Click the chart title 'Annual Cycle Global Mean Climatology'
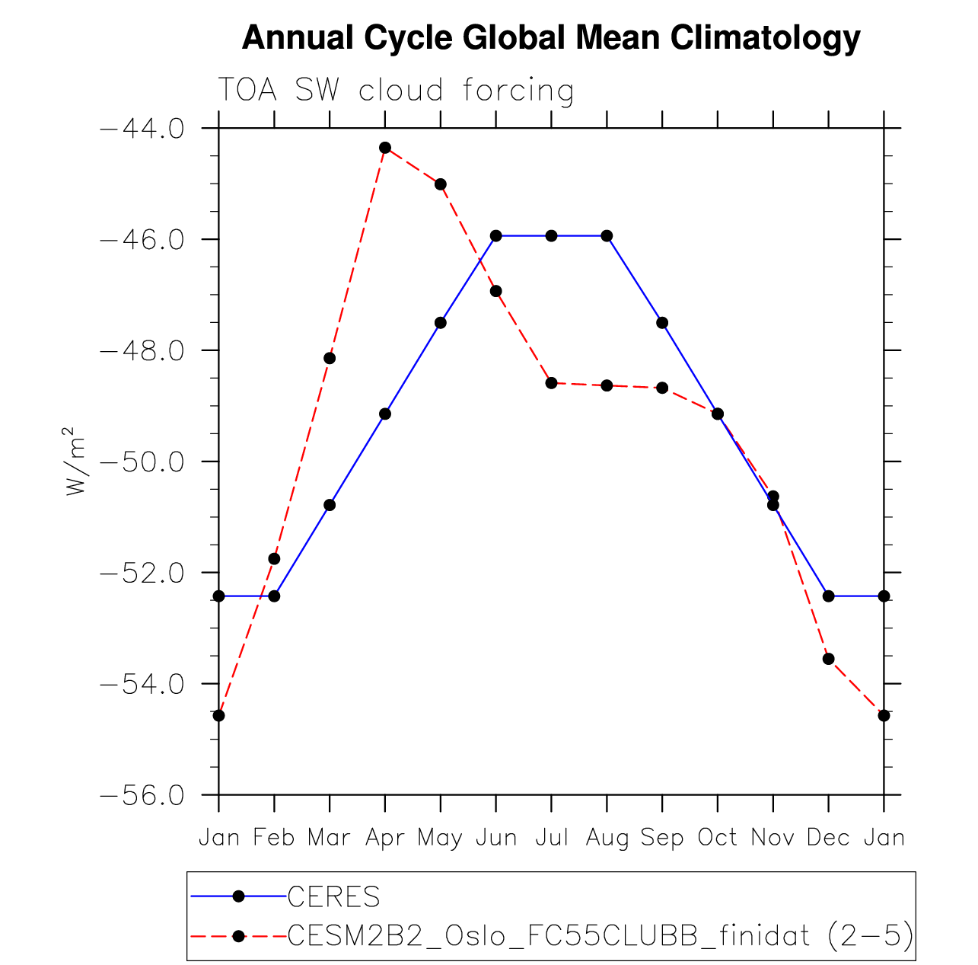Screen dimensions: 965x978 pyautogui.click(x=550, y=37)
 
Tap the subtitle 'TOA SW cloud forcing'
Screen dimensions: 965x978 pyautogui.click(x=396, y=91)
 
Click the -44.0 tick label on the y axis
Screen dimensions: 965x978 pyautogui.click(x=142, y=128)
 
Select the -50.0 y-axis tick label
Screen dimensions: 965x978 pyautogui.click(x=142, y=462)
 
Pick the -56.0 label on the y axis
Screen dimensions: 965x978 pyautogui.click(x=142, y=795)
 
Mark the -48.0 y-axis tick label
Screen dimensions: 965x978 pyautogui.click(x=142, y=350)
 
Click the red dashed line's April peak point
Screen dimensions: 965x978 pyautogui.click(x=385, y=147)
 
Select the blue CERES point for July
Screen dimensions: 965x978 pyautogui.click(x=551, y=235)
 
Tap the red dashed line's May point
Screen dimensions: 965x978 pyautogui.click(x=441, y=184)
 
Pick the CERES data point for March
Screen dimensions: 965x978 pyautogui.click(x=330, y=505)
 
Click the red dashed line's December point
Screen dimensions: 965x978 pyautogui.click(x=828, y=659)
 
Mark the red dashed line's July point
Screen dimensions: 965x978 pyautogui.click(x=551, y=382)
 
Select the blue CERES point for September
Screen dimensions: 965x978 pyautogui.click(x=662, y=323)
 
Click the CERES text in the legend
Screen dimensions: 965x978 pyautogui.click(x=333, y=897)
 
